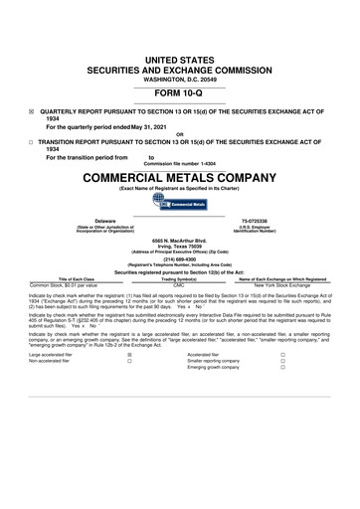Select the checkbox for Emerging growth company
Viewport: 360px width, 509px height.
[282, 368]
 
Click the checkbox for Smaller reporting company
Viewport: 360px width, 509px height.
[282, 361]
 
